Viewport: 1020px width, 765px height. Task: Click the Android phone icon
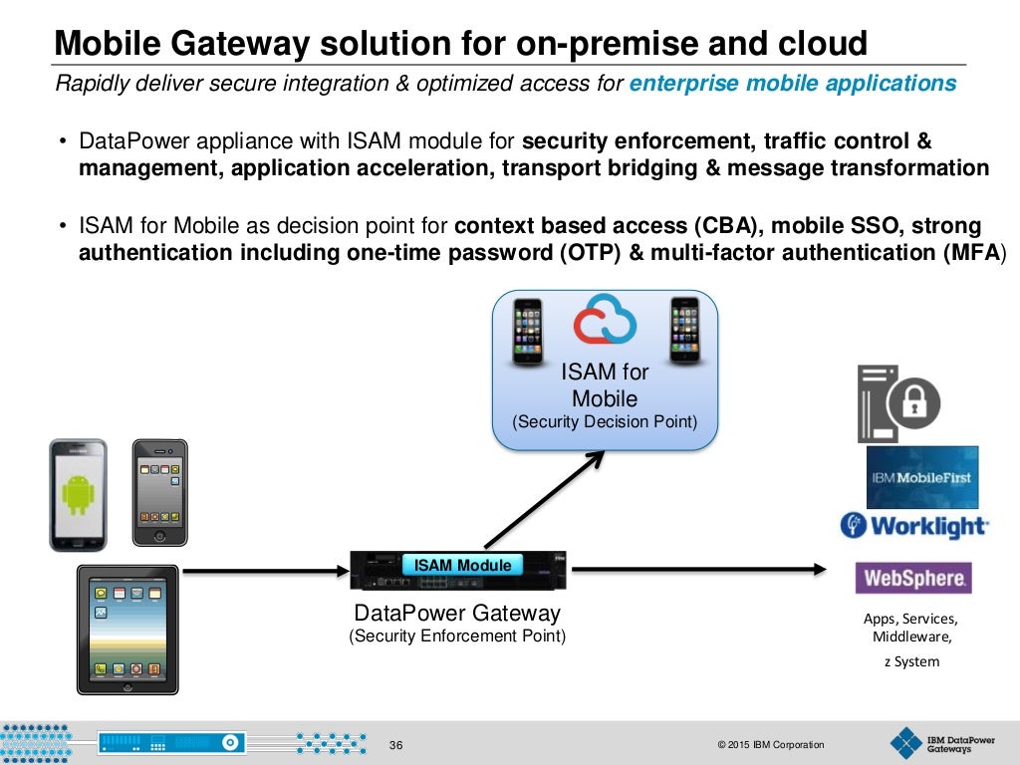[x=78, y=494]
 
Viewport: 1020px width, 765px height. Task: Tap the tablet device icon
[x=127, y=629]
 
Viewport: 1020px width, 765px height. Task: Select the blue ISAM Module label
[x=462, y=565]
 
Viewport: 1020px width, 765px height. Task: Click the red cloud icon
[x=605, y=321]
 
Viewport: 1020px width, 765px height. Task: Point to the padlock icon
[x=914, y=403]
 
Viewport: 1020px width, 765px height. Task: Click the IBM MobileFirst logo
[x=922, y=477]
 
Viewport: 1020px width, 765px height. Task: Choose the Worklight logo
[x=914, y=526]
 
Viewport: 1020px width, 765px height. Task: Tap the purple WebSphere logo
[x=913, y=578]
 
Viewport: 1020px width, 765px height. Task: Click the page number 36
[x=396, y=745]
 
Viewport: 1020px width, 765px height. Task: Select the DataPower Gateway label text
[x=457, y=614]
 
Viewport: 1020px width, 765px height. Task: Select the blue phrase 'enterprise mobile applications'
[x=793, y=84]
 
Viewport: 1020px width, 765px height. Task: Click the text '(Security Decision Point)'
[x=605, y=422]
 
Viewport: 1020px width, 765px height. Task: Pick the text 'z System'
[x=911, y=661]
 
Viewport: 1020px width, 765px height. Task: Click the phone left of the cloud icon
[x=527, y=331]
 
